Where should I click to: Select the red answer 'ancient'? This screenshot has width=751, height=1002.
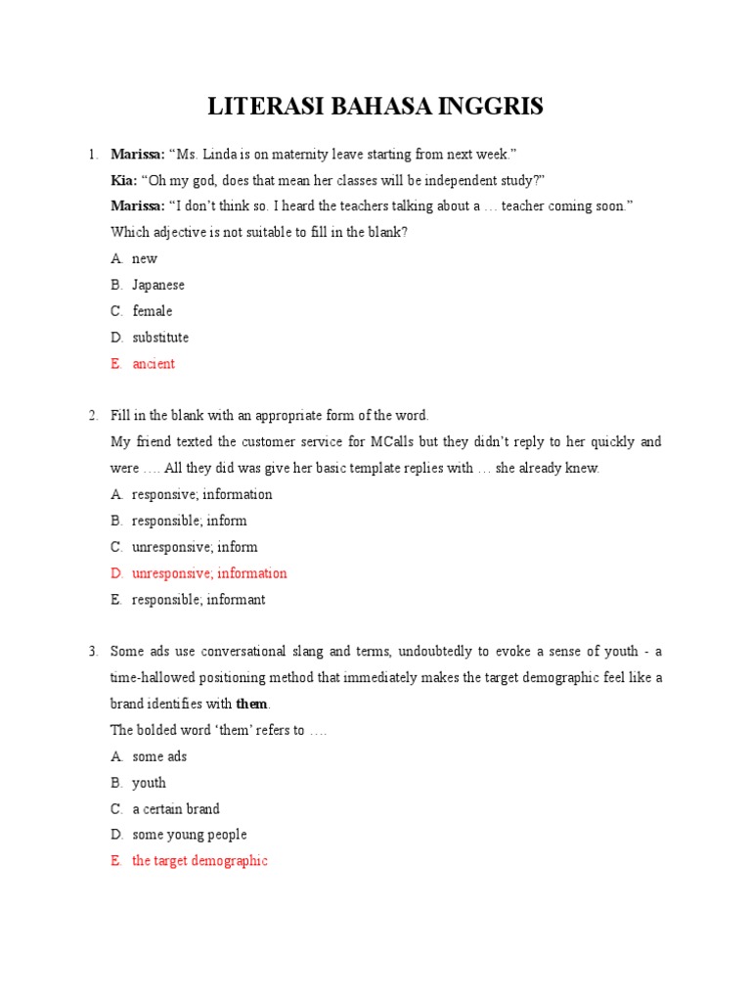coord(154,364)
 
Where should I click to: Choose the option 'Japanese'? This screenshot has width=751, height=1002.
coord(158,285)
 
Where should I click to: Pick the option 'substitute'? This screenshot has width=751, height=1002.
coord(160,338)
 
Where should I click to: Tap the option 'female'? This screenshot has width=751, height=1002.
coord(153,311)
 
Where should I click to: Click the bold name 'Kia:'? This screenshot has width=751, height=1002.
coord(124,180)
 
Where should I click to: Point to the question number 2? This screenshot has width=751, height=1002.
coord(93,416)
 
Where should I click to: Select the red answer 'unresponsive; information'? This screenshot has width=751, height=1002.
coord(209,573)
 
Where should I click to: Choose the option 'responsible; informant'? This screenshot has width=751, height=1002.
coord(199,600)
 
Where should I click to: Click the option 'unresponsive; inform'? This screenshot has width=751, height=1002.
coord(195,547)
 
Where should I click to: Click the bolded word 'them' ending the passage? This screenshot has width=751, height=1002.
coord(251,704)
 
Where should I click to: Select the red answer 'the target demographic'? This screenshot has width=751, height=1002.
coord(199,861)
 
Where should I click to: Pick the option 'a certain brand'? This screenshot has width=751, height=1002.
coord(176,809)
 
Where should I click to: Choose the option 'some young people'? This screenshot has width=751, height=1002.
coord(190,835)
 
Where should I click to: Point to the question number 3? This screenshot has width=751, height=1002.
coord(93,652)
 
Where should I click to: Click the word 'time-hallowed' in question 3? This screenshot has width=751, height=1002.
coord(152,677)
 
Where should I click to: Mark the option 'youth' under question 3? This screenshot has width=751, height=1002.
coord(149,783)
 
